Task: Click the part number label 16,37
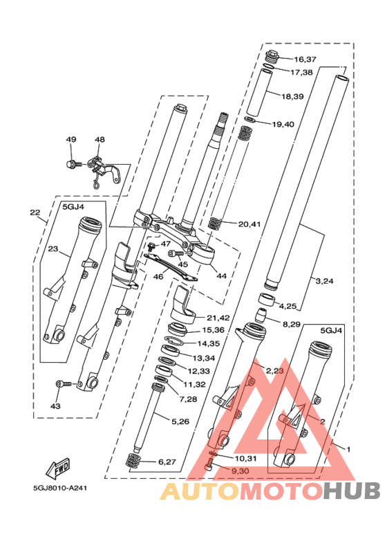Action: click(305, 60)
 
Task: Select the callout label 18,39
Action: click(292, 97)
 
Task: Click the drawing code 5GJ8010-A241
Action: click(60, 488)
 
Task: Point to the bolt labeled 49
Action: click(73, 164)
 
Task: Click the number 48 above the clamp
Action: click(100, 140)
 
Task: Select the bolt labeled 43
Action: click(64, 384)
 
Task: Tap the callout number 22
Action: click(35, 212)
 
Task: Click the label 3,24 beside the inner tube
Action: click(324, 281)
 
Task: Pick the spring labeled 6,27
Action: click(134, 462)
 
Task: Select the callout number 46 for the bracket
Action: click(158, 276)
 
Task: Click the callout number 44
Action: click(221, 275)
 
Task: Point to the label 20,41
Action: click(249, 224)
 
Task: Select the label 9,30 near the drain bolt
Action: click(240, 471)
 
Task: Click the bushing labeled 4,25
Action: click(267, 299)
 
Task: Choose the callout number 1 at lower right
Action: click(348, 449)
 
